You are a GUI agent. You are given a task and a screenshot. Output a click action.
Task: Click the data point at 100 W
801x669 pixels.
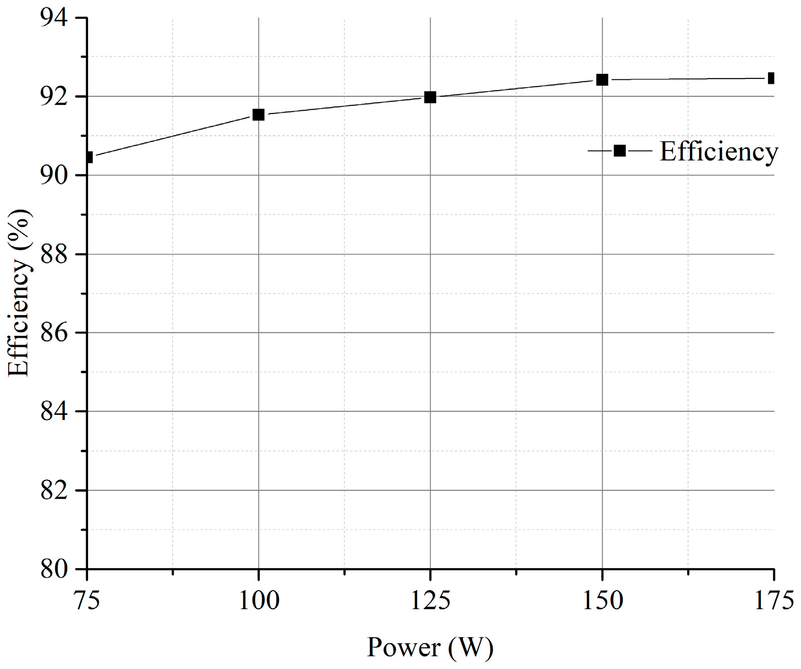click(258, 115)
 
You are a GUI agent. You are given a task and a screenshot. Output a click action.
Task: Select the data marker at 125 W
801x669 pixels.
click(430, 97)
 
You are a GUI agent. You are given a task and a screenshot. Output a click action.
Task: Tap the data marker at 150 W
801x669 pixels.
click(602, 80)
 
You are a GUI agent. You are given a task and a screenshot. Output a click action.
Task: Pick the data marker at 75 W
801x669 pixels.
click(89, 158)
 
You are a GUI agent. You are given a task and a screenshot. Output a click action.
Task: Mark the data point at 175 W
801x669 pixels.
click(771, 78)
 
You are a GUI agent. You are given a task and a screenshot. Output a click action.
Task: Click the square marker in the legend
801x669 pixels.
click(619, 150)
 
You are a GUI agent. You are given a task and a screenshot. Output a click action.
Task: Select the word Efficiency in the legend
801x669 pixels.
click(718, 151)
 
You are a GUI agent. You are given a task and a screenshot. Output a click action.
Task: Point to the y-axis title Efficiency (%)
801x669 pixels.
click(19, 293)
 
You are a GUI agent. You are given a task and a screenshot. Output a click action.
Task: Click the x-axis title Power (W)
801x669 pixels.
click(430, 647)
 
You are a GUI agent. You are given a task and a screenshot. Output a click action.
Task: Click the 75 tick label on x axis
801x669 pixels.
click(87, 601)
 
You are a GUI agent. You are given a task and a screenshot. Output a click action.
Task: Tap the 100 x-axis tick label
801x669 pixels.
click(258, 601)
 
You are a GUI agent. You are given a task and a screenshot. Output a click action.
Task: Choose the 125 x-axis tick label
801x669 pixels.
click(430, 601)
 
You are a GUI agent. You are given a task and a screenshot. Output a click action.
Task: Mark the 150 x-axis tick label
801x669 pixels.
click(602, 601)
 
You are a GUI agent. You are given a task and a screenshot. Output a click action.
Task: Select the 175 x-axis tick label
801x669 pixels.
click(773, 601)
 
